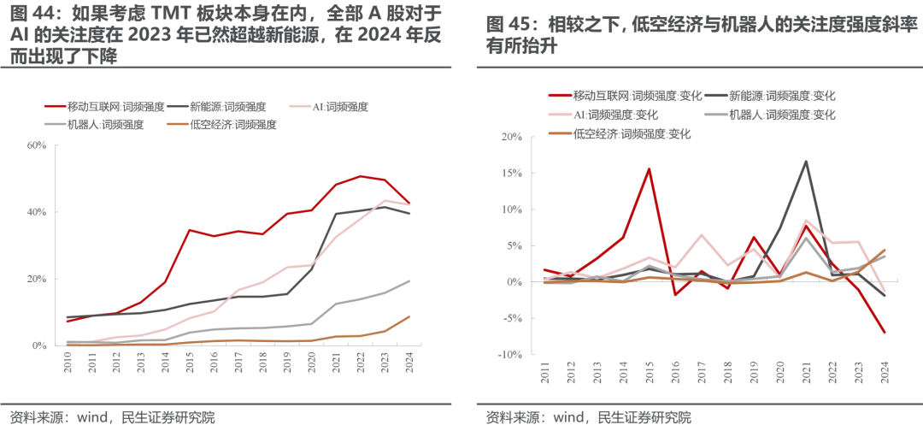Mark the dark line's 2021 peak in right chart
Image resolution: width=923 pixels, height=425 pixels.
[x=805, y=161]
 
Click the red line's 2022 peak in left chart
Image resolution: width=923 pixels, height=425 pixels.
[x=360, y=176]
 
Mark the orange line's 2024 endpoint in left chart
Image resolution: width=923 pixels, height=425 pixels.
[x=409, y=316]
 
